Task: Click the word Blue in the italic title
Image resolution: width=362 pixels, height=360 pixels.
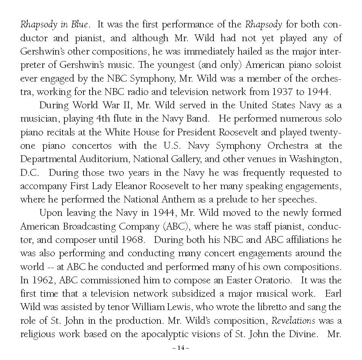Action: tap(80, 25)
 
